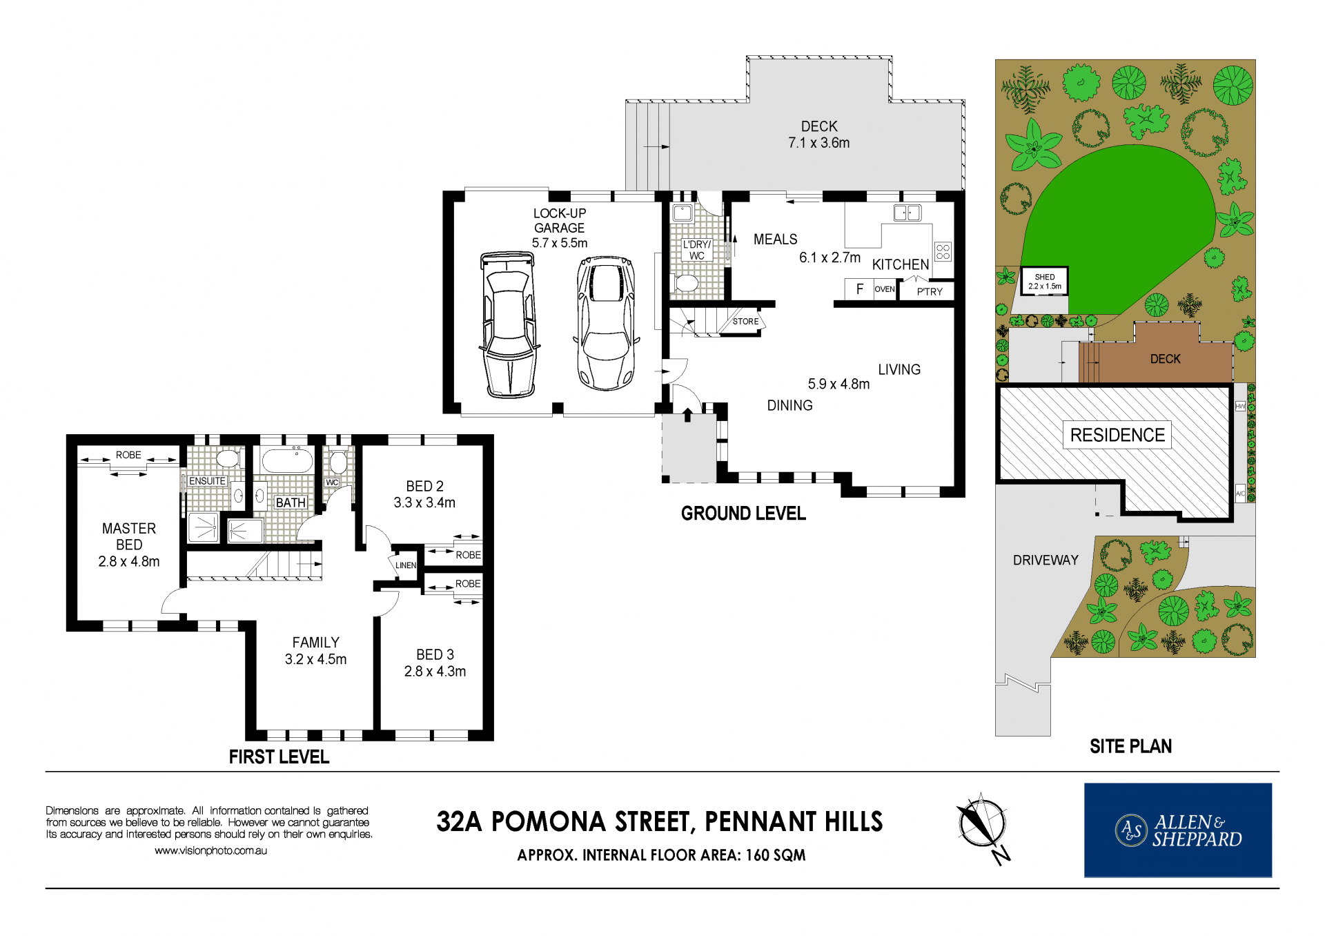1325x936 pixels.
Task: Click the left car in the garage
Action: coord(509,324)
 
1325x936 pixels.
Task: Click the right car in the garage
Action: coord(606,323)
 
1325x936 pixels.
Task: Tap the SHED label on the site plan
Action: coord(1045,277)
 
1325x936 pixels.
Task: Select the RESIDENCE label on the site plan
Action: coord(1117,435)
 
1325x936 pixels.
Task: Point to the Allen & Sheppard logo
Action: coord(1178,830)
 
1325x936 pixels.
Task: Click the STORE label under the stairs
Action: coord(745,322)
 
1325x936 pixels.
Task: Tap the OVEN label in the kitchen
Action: coord(885,289)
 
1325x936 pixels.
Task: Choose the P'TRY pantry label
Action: coord(930,291)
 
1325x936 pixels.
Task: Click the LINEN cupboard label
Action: coord(406,565)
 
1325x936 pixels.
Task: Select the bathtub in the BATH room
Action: coord(288,460)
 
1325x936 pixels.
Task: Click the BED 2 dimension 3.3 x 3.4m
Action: coord(424,503)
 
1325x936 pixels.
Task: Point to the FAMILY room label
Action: coord(315,643)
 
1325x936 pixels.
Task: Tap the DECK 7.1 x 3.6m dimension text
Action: coord(819,143)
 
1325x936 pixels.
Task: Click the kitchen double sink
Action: coord(907,213)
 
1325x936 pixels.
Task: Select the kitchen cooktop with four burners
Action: coord(943,252)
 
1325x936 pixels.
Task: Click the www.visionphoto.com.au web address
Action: coord(210,850)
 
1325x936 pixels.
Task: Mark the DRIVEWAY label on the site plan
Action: coord(1046,560)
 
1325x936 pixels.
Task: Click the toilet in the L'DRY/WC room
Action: coord(685,283)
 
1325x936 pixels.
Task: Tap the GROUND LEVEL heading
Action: coord(743,514)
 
